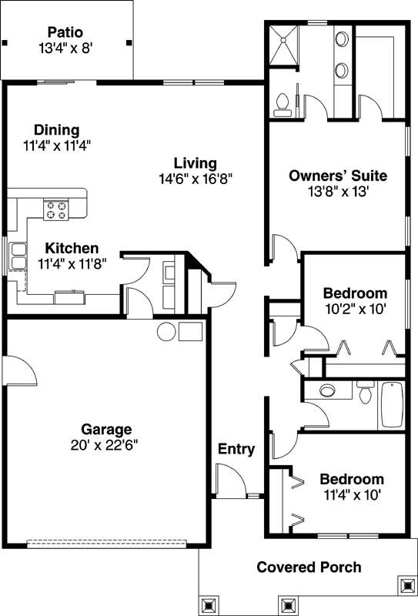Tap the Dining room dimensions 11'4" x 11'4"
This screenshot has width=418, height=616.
[58, 144]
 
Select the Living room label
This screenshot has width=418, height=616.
[195, 163]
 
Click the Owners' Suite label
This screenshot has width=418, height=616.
[337, 176]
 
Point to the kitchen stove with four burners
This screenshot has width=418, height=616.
[55, 209]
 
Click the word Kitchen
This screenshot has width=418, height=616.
[72, 248]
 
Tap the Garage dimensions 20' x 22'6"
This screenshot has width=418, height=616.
[107, 444]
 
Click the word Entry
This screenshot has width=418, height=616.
[236, 449]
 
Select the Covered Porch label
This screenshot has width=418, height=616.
[309, 567]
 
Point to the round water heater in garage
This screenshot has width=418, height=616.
[166, 332]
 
